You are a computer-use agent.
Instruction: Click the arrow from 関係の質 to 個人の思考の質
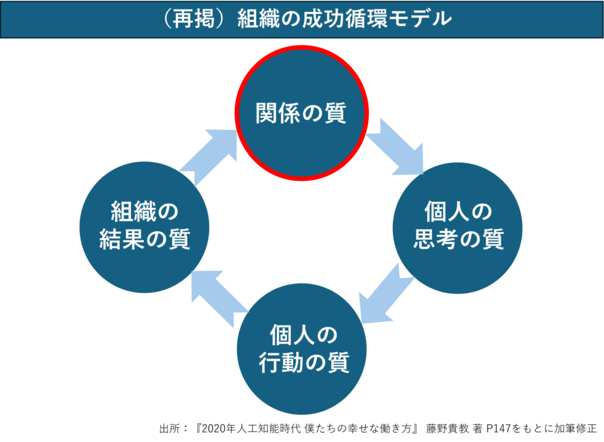click(396, 147)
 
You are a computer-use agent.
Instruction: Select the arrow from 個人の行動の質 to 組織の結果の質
click(215, 298)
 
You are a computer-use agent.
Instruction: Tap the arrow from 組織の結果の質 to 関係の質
click(210, 154)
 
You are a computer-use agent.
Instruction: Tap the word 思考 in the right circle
click(435, 240)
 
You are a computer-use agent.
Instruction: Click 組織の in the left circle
click(145, 212)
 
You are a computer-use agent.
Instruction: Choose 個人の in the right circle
click(458, 212)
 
